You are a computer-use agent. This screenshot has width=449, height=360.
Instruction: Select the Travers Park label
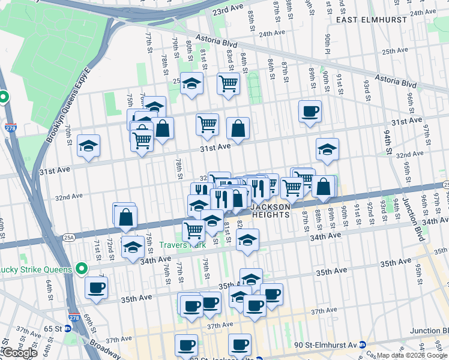pos(182,245)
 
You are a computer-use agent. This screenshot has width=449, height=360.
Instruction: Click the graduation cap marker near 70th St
pos(89,146)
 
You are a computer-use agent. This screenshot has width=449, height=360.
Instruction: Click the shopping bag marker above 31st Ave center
pos(238,128)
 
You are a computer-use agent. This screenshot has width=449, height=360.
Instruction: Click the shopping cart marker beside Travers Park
pos(194,229)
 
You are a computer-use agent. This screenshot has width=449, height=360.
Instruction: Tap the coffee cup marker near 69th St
pos(96,287)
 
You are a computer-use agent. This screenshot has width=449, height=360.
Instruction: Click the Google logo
pos(19,353)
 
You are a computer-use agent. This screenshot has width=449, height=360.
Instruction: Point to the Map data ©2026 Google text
pos(412,355)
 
